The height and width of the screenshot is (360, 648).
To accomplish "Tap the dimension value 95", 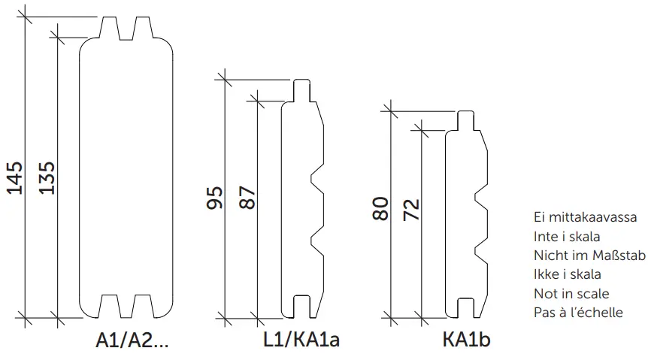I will [214, 198].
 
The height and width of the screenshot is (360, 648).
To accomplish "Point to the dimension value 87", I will [247, 198].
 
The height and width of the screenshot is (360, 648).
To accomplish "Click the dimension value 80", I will [380, 209].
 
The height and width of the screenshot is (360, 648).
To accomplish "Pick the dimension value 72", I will [412, 209].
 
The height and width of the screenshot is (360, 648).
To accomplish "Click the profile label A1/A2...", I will [132, 340].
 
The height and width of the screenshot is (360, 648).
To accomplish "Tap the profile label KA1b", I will [466, 340].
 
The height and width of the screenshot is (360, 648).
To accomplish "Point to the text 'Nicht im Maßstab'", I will [589, 256].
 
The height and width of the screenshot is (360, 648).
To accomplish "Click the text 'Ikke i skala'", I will [566, 274].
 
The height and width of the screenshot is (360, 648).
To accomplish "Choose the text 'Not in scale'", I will [571, 293].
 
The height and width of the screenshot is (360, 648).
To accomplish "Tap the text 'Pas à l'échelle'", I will [578, 312].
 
